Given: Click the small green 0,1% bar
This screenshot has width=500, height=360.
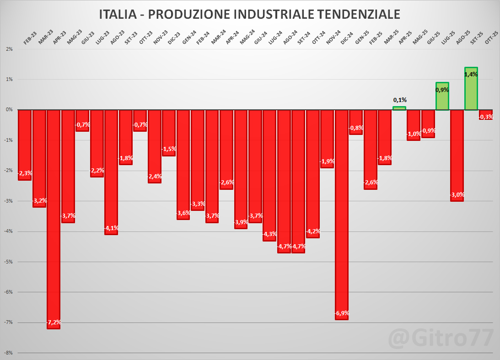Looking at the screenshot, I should [x=399, y=108].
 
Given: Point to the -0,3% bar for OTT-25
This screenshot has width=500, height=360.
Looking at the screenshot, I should [x=485, y=115].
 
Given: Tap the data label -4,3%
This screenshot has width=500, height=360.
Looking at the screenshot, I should [x=269, y=234].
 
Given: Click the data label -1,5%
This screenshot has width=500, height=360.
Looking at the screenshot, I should [x=169, y=149].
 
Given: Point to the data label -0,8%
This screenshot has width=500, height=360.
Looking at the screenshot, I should [x=356, y=128].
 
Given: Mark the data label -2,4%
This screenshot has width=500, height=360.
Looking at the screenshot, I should [x=154, y=177].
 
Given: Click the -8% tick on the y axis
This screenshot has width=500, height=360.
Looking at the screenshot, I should [x=9, y=353].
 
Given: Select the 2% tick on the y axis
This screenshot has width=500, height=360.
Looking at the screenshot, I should [x=9, y=49].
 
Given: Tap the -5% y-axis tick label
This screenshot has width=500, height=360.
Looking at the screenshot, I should [x=9, y=262].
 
